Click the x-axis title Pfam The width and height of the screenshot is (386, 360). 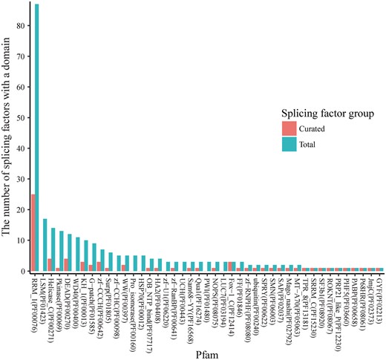[x=205, y=352]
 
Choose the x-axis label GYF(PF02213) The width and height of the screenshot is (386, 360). [x=381, y=296]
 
